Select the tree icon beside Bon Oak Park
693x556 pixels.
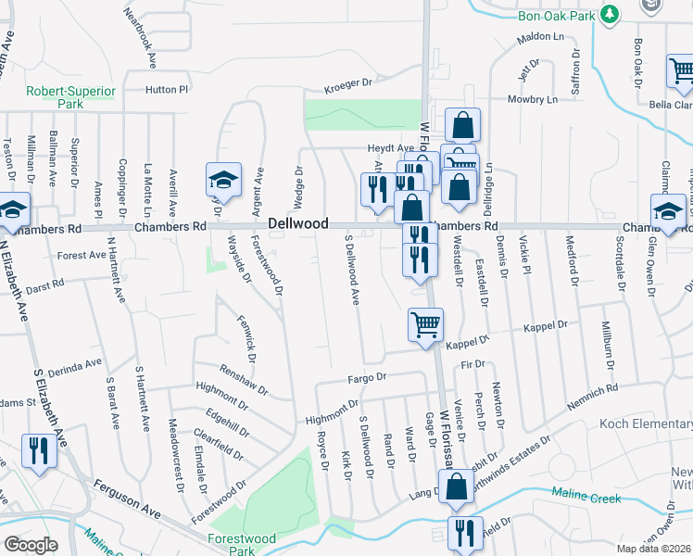tap(609, 14)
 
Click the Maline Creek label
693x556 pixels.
tap(586, 498)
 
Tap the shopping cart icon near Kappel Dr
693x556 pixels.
tap(425, 324)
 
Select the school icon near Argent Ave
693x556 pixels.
tap(222, 178)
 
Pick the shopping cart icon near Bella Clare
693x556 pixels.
tap(681, 69)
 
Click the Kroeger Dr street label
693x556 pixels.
tap(347, 84)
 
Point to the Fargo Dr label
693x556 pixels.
tap(366, 377)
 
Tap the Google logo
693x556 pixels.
tap(31, 544)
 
